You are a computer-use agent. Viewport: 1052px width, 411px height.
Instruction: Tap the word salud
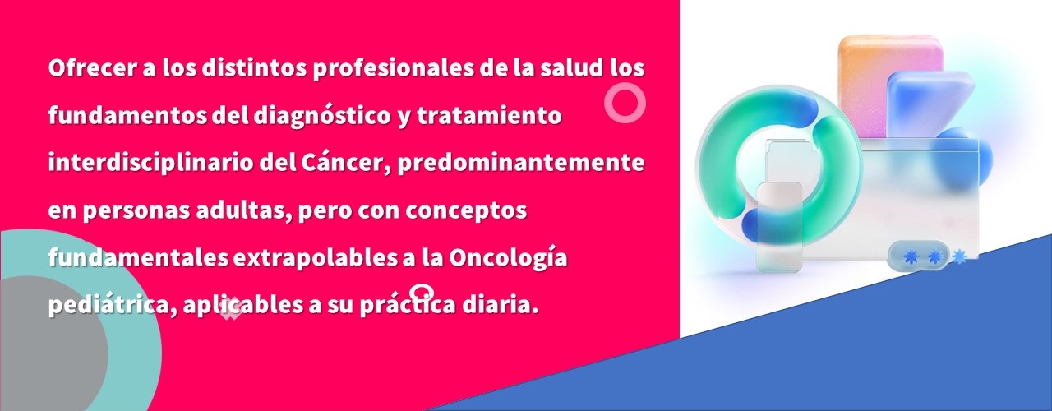[571, 68]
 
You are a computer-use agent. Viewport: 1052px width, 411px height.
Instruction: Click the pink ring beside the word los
[625, 103]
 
